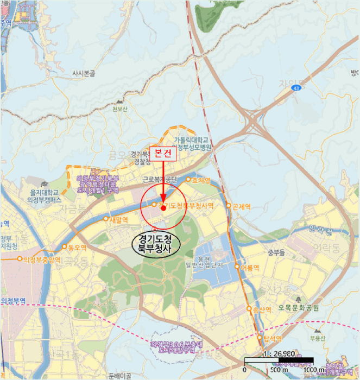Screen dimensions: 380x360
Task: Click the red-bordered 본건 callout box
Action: [163, 155]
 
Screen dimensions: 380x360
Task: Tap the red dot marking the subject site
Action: [163, 208]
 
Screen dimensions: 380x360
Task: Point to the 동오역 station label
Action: [77, 247]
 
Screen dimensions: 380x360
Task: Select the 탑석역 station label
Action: [274, 339]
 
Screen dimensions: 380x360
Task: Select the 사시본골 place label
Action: [87, 72]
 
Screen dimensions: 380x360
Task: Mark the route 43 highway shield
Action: [296, 87]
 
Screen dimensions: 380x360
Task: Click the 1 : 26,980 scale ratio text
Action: [278, 353]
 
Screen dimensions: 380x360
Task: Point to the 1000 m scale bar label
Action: [312, 370]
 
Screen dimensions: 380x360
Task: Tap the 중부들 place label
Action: [276, 252]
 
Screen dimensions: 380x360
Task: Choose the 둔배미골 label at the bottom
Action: [121, 375]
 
